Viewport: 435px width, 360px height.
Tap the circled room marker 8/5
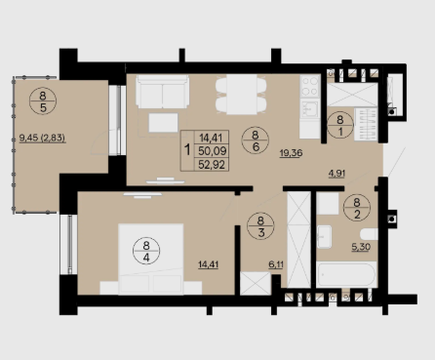click(43, 101)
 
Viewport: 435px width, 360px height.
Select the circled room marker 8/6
click(256, 140)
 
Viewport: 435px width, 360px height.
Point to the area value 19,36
click(292, 153)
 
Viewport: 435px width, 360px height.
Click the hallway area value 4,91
click(336, 174)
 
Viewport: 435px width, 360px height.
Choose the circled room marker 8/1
click(340, 125)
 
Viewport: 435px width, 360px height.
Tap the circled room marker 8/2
click(357, 208)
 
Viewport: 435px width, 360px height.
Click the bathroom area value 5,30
click(361, 247)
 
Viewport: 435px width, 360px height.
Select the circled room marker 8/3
click(260, 226)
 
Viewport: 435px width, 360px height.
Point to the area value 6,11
click(276, 264)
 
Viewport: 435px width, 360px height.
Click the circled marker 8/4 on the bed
click(146, 251)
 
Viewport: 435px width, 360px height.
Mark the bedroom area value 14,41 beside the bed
click(208, 264)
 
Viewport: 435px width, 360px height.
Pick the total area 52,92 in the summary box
click(212, 165)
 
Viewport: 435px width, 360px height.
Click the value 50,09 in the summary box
click(213, 151)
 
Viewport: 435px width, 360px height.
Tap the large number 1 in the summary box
click(187, 150)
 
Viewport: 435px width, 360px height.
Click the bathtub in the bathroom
click(346, 275)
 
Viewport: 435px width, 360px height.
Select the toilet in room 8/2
click(369, 234)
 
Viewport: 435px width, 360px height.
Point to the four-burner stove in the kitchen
click(310, 86)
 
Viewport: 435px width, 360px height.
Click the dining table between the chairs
click(241, 95)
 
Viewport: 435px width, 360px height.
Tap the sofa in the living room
click(162, 92)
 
